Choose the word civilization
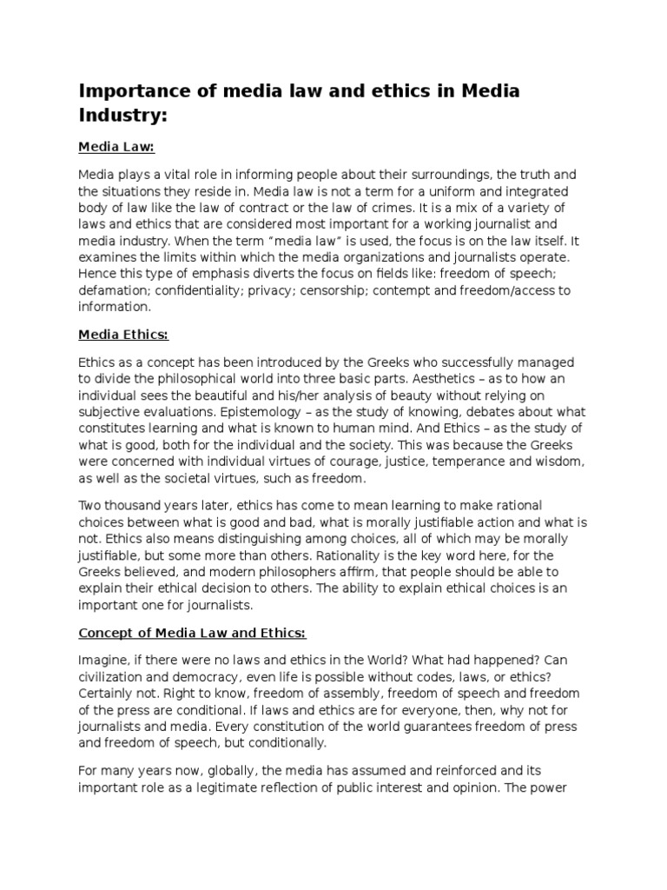[114, 677]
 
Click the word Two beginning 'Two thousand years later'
[91, 505]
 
